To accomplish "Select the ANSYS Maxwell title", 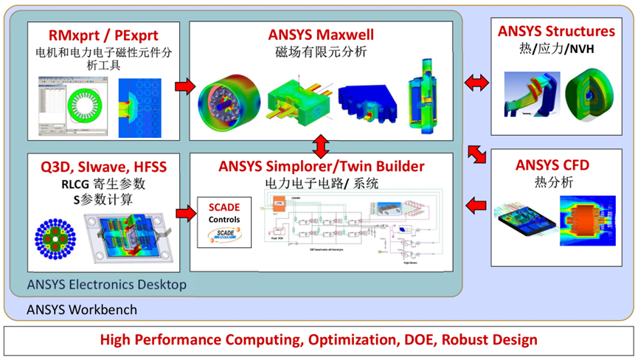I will pos(320,34).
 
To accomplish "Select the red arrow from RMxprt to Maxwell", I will pos(184,87).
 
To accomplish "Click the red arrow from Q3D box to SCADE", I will pos(184,212).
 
